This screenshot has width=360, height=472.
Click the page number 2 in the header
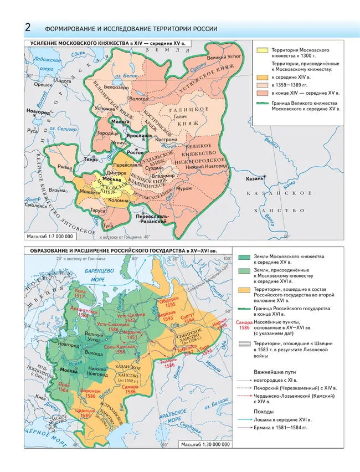(x=28, y=28)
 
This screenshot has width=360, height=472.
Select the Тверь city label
(x=76, y=160)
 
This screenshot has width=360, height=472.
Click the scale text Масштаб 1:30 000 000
(x=205, y=445)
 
